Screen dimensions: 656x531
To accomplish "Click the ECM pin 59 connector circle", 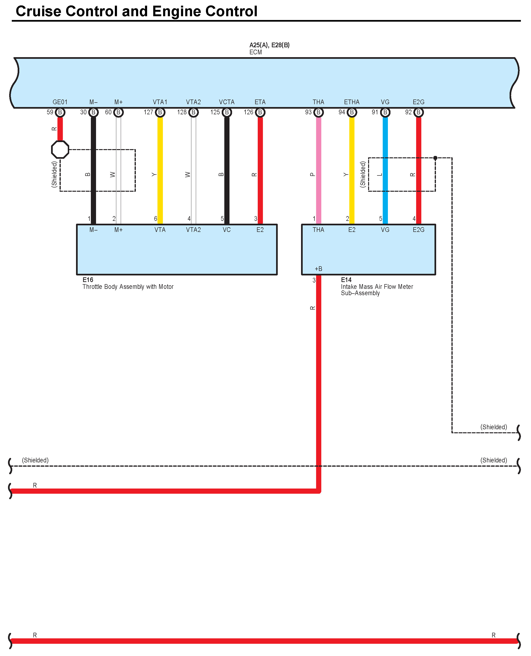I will pos(60,112).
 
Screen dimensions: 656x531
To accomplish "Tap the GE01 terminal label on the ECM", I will pos(60,102).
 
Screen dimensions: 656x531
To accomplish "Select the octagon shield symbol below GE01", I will pos(60,150).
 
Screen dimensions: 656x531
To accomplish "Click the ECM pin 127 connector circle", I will pos(160,112).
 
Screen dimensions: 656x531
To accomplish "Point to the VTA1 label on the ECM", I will pos(160,102).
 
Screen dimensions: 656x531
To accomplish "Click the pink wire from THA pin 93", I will pos(318,171).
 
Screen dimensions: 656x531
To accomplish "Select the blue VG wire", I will pos(385,171).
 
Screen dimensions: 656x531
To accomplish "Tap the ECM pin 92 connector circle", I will pos(418,112).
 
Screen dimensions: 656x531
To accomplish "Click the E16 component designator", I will pos(88,280).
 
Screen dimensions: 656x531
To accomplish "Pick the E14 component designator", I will pos(346,280).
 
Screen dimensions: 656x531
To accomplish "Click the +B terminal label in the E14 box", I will pos(318,269).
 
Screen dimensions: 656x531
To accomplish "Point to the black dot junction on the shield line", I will pos(435,158).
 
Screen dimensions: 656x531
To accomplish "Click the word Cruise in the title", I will pos(38,11).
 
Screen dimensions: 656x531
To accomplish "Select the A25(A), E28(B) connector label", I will pos(269,45).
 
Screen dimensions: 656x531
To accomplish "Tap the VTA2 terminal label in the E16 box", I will pos(193,230).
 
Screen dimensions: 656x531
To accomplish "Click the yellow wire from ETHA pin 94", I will pos(352,171).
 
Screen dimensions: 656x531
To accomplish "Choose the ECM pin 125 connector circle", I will pos(227,112).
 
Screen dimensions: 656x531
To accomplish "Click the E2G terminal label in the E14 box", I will pos(418,230).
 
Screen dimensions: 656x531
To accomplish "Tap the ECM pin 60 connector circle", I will pos(118,112).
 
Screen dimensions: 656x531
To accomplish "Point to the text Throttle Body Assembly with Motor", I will pos(128,287).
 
